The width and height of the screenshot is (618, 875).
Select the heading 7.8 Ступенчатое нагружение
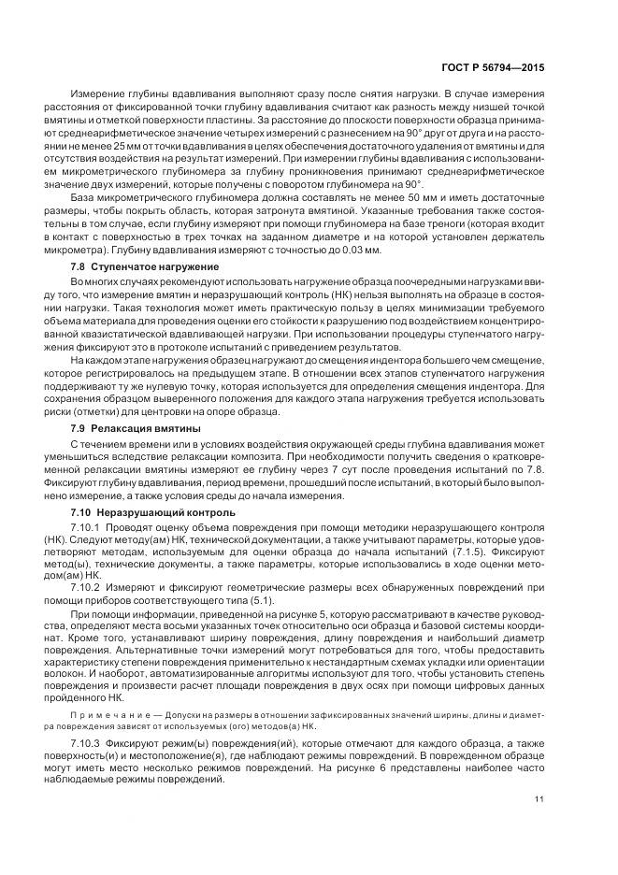coord(145,266)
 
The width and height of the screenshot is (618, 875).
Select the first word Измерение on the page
coord(100,93)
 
